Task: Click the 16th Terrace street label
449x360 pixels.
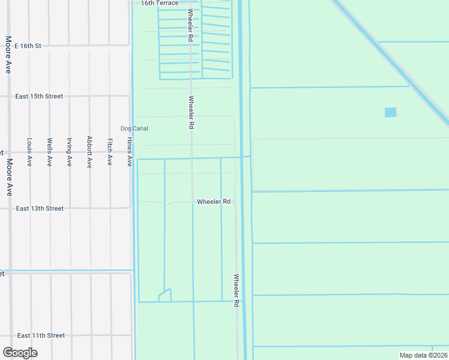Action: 160,3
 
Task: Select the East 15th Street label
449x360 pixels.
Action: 39,96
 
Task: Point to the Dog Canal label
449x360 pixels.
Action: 134,128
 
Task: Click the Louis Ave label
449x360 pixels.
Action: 29,152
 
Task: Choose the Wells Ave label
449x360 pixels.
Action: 49,152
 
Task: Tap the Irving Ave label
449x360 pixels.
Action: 69,152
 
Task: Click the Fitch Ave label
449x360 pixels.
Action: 109,152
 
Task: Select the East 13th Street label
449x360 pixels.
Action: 40,208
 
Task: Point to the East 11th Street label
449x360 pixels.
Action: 41,335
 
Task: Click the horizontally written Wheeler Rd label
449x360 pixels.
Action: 214,202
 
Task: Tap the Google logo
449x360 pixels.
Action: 20,353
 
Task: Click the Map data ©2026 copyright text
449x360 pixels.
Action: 424,355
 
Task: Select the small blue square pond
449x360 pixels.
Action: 390,112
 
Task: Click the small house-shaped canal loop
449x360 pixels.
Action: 164,295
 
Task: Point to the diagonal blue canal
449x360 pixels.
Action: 390,60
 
